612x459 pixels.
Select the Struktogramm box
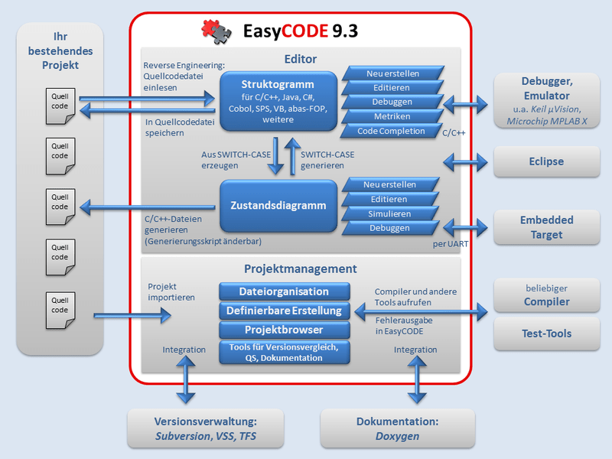(x=278, y=100)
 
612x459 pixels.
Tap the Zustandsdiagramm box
(x=278, y=205)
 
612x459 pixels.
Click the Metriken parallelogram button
(x=392, y=116)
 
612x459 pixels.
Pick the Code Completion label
(x=391, y=131)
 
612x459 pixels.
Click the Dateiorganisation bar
(x=284, y=291)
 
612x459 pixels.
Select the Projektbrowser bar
(x=284, y=330)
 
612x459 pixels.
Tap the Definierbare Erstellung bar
(x=284, y=311)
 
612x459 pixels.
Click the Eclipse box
(x=546, y=161)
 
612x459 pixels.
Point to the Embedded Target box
(x=546, y=227)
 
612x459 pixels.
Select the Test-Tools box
(x=546, y=333)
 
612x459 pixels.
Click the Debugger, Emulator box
(x=546, y=102)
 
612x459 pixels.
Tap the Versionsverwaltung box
(x=205, y=428)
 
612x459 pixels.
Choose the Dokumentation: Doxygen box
(x=397, y=428)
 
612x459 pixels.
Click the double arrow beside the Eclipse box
(x=464, y=161)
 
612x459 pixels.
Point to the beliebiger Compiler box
(x=546, y=295)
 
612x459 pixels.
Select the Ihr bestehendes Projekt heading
(x=60, y=50)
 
